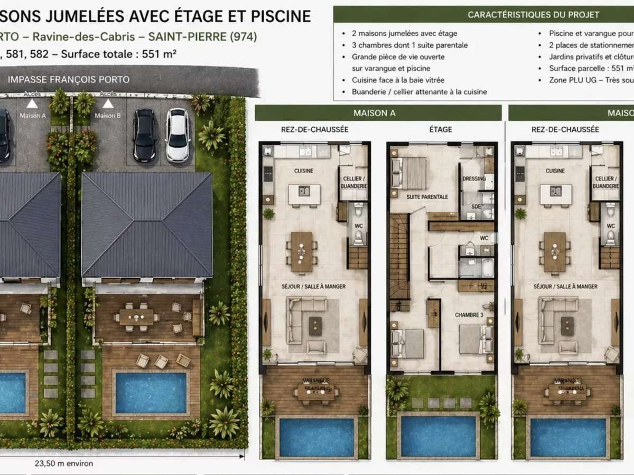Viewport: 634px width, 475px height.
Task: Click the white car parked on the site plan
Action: point(178,135)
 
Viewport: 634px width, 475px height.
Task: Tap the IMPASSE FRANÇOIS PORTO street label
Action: point(69,80)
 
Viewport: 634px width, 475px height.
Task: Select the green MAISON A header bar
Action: point(378,113)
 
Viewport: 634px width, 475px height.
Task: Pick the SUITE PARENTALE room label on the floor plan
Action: point(427,197)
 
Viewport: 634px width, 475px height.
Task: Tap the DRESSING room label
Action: point(474,178)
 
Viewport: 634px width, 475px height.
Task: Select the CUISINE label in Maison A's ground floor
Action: point(304,171)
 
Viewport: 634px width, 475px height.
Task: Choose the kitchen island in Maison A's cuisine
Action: point(304,194)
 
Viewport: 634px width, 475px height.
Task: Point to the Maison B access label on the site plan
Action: point(107,115)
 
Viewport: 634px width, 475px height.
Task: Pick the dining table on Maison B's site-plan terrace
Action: point(136,316)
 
